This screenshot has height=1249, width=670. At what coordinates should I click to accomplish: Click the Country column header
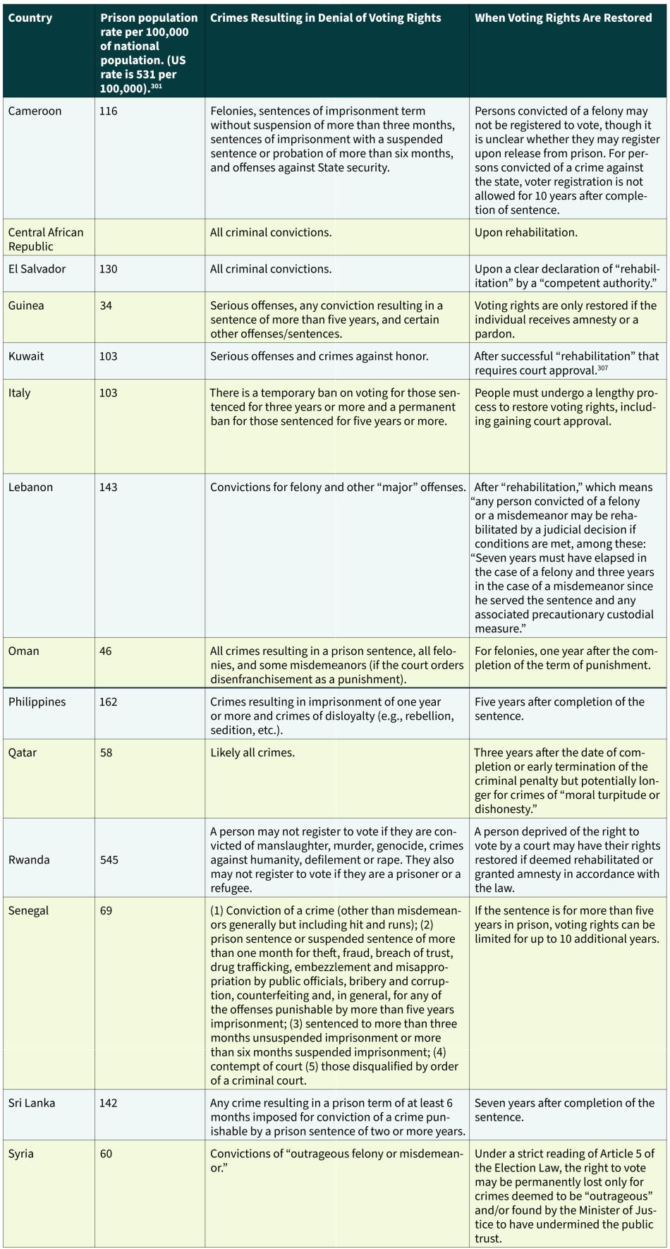(x=30, y=18)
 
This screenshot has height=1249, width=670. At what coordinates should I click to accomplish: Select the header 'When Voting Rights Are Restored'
(x=563, y=18)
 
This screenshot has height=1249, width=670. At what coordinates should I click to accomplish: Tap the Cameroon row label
(x=35, y=111)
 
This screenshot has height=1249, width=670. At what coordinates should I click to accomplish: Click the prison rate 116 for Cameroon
(x=108, y=111)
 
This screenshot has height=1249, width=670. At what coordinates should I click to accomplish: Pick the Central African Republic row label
(x=45, y=239)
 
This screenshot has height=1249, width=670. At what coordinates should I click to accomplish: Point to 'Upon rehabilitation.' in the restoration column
(x=525, y=232)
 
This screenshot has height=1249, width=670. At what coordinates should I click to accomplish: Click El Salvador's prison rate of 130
(x=108, y=269)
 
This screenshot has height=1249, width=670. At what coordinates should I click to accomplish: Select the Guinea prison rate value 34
(x=106, y=306)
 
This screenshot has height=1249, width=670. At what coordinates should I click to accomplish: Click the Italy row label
(x=19, y=393)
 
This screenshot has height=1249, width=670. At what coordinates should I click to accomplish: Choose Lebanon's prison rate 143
(x=108, y=487)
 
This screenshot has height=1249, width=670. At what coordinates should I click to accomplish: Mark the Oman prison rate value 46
(x=106, y=651)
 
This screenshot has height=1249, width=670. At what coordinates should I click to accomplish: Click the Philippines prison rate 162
(x=108, y=701)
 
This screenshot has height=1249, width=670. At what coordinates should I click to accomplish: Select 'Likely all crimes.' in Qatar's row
(x=252, y=752)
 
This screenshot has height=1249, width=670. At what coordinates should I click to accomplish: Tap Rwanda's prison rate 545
(x=109, y=859)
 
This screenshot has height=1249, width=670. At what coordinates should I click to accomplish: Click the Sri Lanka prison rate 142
(x=108, y=1103)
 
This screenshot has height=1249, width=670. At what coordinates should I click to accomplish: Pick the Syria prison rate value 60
(x=106, y=1154)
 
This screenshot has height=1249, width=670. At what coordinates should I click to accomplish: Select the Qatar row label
(x=22, y=752)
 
